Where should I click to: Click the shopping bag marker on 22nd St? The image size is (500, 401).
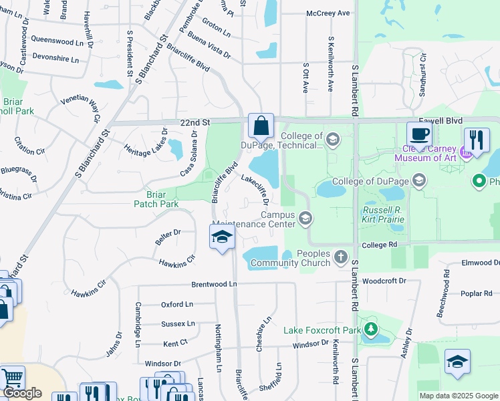tap(261, 125)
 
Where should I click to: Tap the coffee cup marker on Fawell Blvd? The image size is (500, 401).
tap(419, 134)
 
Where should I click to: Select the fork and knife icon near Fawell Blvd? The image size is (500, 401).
tap(477, 140)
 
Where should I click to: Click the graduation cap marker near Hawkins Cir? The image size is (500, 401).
tap(222, 237)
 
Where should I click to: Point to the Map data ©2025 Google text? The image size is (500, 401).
tap(458, 396)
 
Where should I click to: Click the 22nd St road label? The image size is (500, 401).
tap(195, 123)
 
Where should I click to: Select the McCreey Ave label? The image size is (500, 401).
tap(328, 13)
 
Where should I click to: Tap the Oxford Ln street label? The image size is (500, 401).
tap(176, 304)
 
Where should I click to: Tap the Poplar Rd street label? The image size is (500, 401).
tap(476, 293)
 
